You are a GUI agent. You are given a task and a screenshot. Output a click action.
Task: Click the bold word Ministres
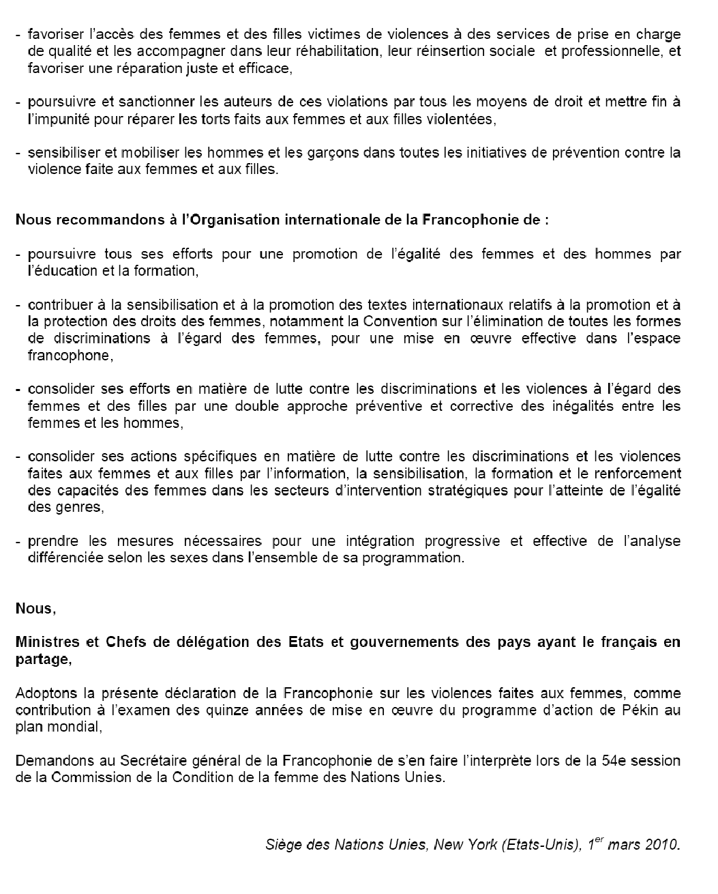45,642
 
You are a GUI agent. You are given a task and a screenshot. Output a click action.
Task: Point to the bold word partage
42,659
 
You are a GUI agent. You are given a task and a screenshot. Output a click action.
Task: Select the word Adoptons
45,693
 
